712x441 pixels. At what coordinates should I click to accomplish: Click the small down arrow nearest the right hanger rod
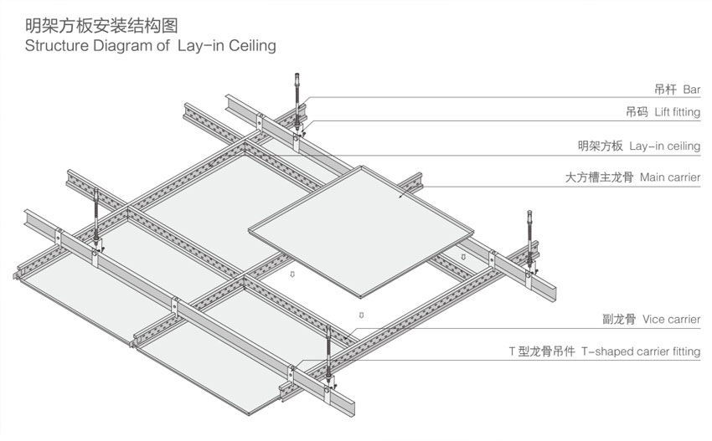click(463, 256)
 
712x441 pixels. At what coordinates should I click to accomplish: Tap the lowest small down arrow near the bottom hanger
click(361, 315)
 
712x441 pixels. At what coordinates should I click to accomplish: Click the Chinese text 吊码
click(637, 110)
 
